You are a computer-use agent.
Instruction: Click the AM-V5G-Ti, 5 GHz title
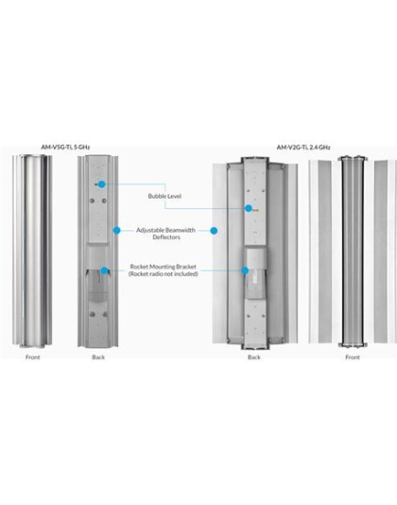(65, 148)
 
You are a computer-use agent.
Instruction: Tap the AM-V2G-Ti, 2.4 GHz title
(303, 148)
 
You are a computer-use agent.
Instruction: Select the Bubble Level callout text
(164, 196)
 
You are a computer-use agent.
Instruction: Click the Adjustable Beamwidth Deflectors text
(165, 234)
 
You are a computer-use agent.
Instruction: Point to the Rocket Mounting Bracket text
(164, 267)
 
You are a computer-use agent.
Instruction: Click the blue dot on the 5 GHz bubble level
(102, 184)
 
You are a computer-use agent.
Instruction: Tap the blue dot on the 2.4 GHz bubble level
(249, 208)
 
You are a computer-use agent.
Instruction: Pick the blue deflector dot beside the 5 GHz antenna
(116, 231)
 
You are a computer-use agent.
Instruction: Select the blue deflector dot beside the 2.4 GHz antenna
(214, 231)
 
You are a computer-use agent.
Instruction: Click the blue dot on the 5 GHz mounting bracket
(104, 270)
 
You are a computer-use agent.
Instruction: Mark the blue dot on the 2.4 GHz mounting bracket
(245, 270)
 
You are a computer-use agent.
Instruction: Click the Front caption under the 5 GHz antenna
(33, 357)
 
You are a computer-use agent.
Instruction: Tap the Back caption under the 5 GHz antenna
(98, 357)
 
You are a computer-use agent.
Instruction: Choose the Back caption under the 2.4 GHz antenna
(254, 357)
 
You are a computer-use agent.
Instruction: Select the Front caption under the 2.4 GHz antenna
(353, 357)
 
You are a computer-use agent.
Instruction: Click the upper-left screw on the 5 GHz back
(92, 200)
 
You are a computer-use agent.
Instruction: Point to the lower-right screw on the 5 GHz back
(105, 314)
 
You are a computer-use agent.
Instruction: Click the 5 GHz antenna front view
(32, 251)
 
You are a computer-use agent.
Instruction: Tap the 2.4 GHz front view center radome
(353, 252)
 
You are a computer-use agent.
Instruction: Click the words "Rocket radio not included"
(164, 273)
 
